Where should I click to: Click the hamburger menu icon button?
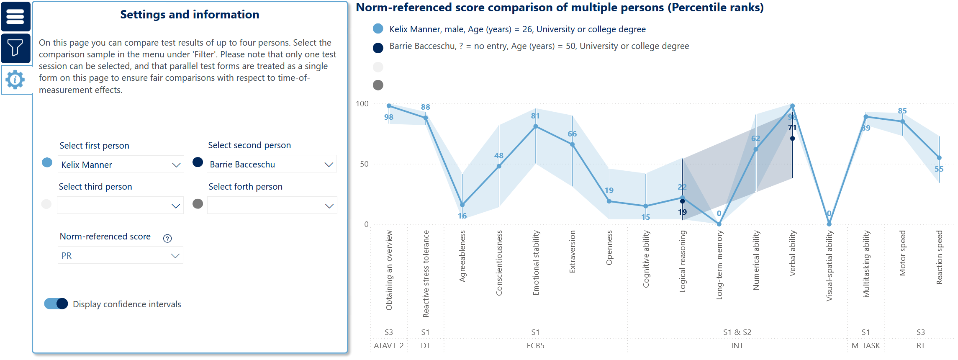(15, 16)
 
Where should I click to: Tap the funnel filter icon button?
(15, 48)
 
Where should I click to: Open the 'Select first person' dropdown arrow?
(176, 165)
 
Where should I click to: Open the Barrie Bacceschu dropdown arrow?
(329, 165)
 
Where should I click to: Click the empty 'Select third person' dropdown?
(120, 206)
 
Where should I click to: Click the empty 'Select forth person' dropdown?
(272, 206)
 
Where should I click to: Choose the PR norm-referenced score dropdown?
(120, 255)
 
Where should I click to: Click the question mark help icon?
(167, 238)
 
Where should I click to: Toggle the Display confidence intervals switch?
(56, 304)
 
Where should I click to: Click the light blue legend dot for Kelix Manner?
(378, 29)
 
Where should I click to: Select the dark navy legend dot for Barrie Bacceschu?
(378, 48)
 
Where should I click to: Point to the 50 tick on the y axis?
(364, 164)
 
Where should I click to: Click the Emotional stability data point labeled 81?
(536, 126)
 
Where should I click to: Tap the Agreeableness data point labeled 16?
(462, 205)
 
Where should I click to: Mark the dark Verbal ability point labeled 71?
(792, 139)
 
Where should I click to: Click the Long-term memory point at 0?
(719, 224)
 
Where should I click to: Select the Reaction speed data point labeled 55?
(939, 158)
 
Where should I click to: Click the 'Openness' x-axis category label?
(609, 248)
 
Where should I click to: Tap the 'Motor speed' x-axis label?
(902, 253)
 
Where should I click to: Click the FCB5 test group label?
(535, 346)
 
